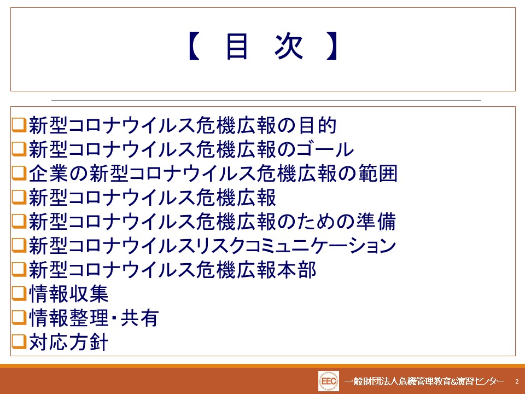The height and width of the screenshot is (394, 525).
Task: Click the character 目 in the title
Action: coord(237,46)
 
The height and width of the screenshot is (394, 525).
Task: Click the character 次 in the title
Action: coord(289,46)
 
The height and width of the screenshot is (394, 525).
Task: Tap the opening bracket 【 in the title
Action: coord(194,46)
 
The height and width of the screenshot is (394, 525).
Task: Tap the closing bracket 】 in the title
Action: coord(331,46)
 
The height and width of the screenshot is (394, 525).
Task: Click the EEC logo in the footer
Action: coord(329,381)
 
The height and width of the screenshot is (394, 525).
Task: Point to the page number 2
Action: coord(517,381)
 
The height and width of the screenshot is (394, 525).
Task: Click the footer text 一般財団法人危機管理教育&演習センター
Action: coord(424,381)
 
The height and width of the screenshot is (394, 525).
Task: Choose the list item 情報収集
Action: coord(68,294)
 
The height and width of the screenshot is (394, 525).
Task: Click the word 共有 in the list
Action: coord(139,318)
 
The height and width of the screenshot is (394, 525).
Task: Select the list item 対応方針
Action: coord(68,342)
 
